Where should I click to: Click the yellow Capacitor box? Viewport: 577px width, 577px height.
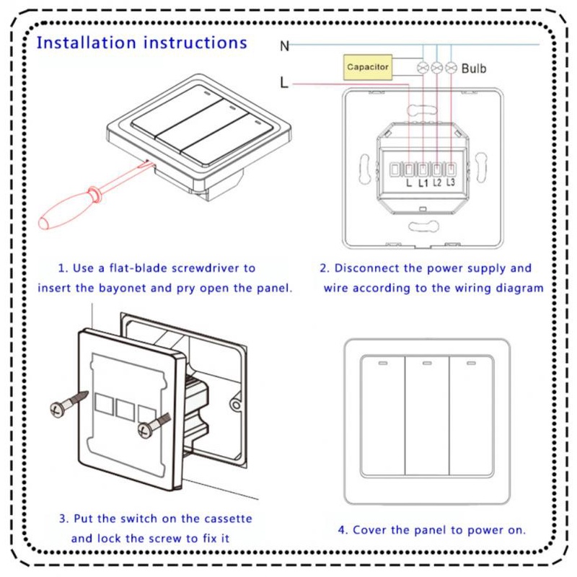click(x=368, y=67)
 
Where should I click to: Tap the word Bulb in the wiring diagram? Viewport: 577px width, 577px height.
click(x=474, y=69)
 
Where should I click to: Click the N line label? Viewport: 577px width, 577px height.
click(x=285, y=46)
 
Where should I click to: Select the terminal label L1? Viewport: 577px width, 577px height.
click(x=423, y=183)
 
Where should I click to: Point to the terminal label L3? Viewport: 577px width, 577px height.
click(x=451, y=182)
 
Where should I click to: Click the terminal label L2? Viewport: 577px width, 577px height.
click(x=437, y=182)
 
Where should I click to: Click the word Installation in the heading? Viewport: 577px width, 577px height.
click(x=87, y=43)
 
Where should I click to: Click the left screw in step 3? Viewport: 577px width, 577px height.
click(x=69, y=404)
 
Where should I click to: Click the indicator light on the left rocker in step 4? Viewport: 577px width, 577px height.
click(x=382, y=362)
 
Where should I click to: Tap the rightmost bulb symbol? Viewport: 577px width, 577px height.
click(x=452, y=68)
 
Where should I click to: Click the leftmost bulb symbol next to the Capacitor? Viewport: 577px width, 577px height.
click(x=423, y=68)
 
